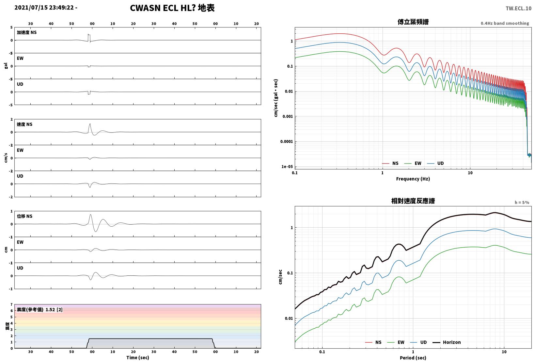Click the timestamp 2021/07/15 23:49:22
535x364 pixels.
pyautogui.click(x=44, y=8)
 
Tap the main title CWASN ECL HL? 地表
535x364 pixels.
pyautogui.click(x=172, y=8)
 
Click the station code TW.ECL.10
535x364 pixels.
pyautogui.click(x=518, y=9)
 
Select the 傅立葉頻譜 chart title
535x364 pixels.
pyautogui.click(x=413, y=22)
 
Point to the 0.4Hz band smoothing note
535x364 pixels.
pyautogui.click(x=505, y=23)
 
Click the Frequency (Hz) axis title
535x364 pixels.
pyautogui.click(x=413, y=179)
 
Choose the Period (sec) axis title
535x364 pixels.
pyautogui.click(x=413, y=358)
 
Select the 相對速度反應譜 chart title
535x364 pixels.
pyautogui.click(x=413, y=201)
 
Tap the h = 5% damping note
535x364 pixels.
pyautogui.click(x=522, y=202)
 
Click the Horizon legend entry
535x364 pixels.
pyautogui.click(x=447, y=342)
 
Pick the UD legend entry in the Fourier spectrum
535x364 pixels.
pyautogui.click(x=435, y=163)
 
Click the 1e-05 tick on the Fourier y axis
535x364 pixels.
pyautogui.click(x=287, y=166)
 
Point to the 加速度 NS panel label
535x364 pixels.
pyautogui.click(x=27, y=32)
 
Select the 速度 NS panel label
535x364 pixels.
pyautogui.click(x=24, y=124)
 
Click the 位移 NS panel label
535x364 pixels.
pyautogui.click(x=24, y=216)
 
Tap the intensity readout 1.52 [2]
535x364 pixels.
pyautogui.click(x=54, y=309)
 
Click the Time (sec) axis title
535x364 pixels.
pyautogui.click(x=137, y=357)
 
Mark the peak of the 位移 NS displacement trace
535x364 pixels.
pyautogui.click(x=90, y=215)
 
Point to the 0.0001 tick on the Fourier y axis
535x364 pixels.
pyautogui.click(x=286, y=141)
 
